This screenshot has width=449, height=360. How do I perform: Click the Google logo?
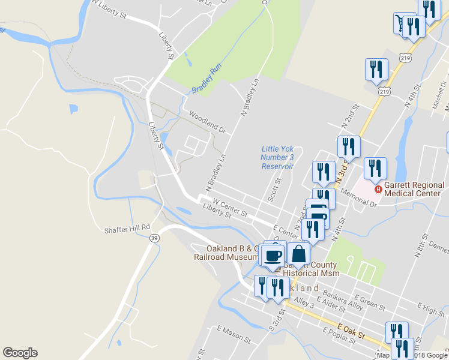click(20, 353)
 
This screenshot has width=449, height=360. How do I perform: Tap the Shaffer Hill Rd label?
click(126, 229)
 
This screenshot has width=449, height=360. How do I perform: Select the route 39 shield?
click(155, 238)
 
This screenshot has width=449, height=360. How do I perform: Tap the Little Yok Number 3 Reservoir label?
click(277, 157)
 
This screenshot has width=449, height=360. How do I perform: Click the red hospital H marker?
click(378, 190)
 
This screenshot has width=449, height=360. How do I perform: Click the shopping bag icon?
click(298, 254)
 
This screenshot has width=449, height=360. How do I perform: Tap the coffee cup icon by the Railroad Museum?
click(273, 256)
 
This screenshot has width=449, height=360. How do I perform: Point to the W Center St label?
click(231, 209)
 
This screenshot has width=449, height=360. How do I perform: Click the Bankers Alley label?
click(343, 300)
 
